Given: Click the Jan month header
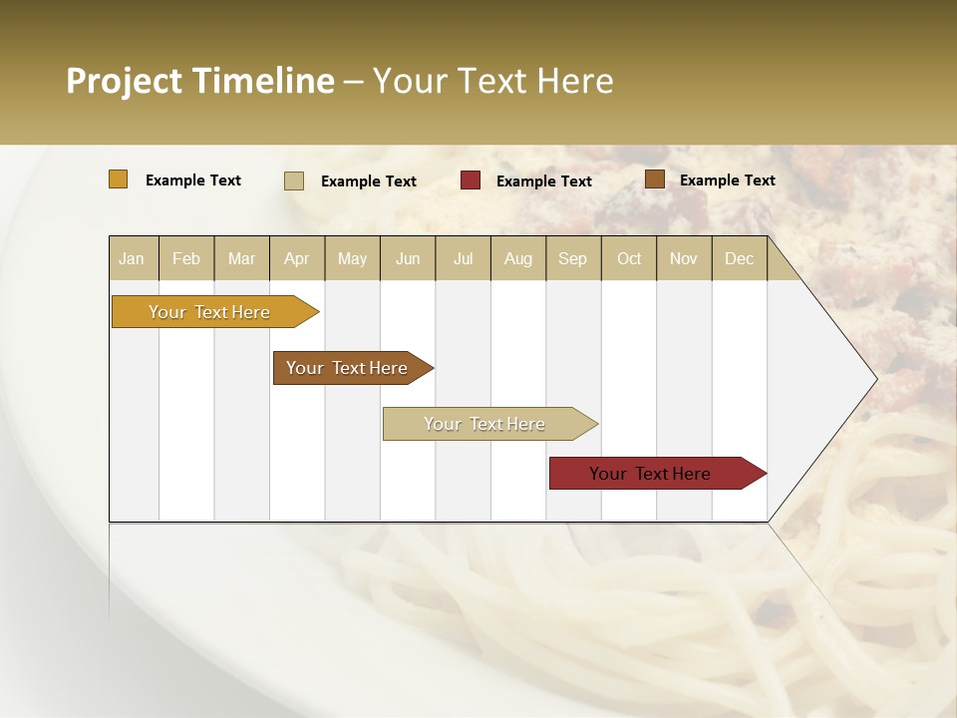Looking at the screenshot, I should click(132, 258).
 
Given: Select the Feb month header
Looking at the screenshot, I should click(186, 258).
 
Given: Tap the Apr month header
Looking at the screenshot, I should click(296, 258).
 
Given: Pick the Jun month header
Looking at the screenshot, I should click(408, 258).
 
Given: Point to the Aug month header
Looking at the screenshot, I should click(517, 258).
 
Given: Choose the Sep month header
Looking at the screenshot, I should click(572, 258).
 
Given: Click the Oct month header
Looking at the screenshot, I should click(629, 258).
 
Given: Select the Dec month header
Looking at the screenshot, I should click(739, 258).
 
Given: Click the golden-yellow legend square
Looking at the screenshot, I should click(119, 179).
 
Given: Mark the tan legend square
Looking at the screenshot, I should click(294, 180).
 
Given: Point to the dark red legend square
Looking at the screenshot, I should click(471, 180).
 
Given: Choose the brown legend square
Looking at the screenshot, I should click(655, 179).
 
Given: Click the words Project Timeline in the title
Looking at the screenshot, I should click(200, 81).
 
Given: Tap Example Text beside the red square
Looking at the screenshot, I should click(543, 180).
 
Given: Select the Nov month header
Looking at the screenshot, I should click(683, 258).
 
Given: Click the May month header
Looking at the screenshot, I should click(352, 258).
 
